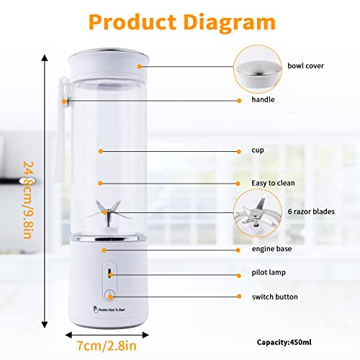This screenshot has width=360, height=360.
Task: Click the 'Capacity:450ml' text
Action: [x=288, y=341]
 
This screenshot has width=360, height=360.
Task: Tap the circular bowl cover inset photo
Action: [x=258, y=67]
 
